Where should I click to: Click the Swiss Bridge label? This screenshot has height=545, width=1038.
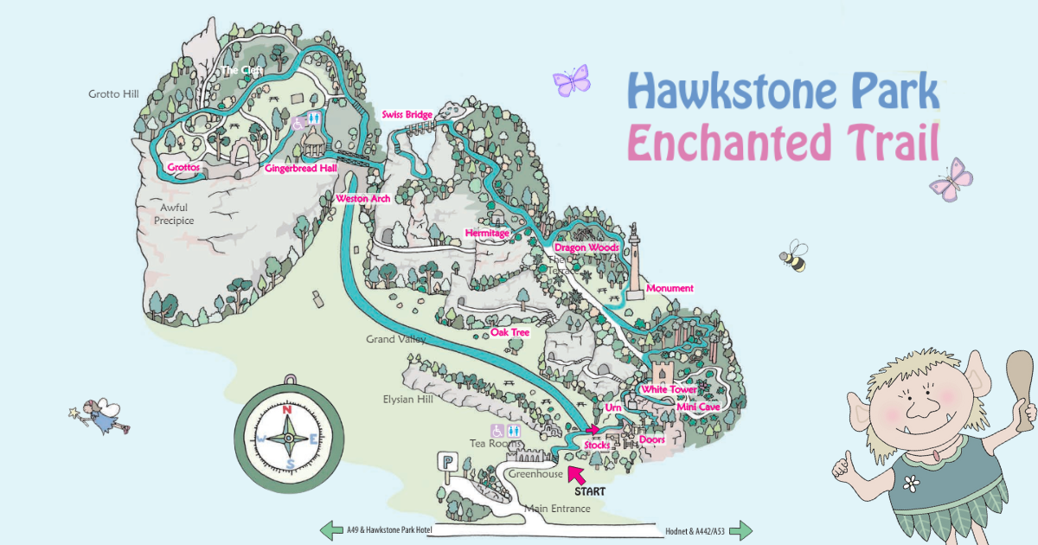(x=407, y=115)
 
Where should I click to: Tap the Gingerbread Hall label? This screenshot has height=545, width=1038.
(x=300, y=169)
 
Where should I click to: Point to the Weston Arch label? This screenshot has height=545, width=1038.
(x=362, y=199)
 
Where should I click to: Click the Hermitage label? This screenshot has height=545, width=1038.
(x=487, y=234)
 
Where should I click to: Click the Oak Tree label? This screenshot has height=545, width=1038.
(x=509, y=332)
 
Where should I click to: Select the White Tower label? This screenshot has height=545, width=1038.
(x=669, y=390)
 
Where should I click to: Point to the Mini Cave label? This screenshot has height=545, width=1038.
(x=698, y=407)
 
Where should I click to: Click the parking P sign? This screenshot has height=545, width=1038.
(x=447, y=462)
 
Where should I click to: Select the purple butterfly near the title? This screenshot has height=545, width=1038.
(x=571, y=81)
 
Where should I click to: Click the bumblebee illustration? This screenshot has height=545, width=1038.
(x=793, y=256)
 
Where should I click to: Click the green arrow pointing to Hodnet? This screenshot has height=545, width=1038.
(x=741, y=530)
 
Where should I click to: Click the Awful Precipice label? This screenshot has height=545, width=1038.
(x=174, y=214)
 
